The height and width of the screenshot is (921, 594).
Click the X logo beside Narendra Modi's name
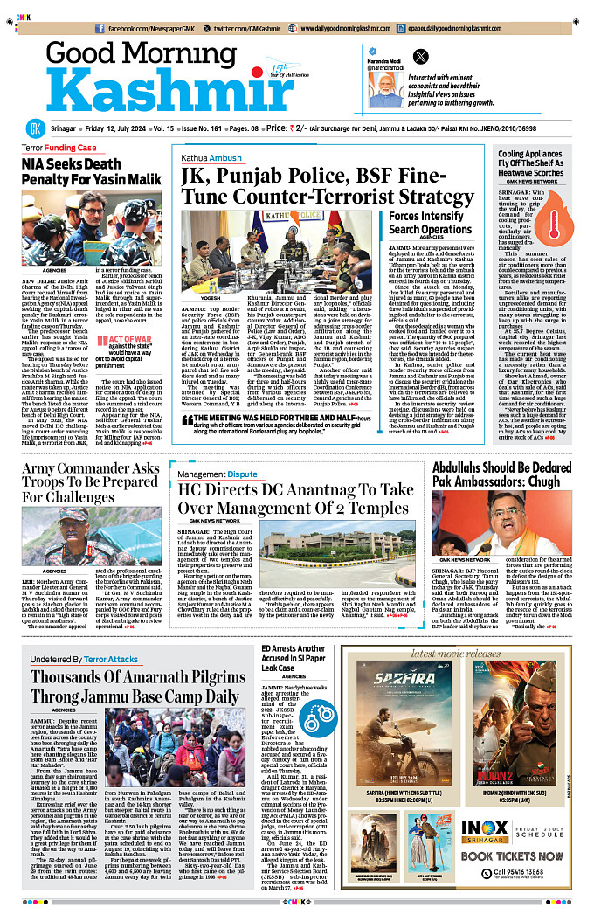(420, 55)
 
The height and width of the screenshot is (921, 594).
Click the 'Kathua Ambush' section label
(211, 158)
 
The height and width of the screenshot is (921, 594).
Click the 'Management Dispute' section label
(218, 474)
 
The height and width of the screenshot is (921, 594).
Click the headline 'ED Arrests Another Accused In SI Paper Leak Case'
(294, 661)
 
